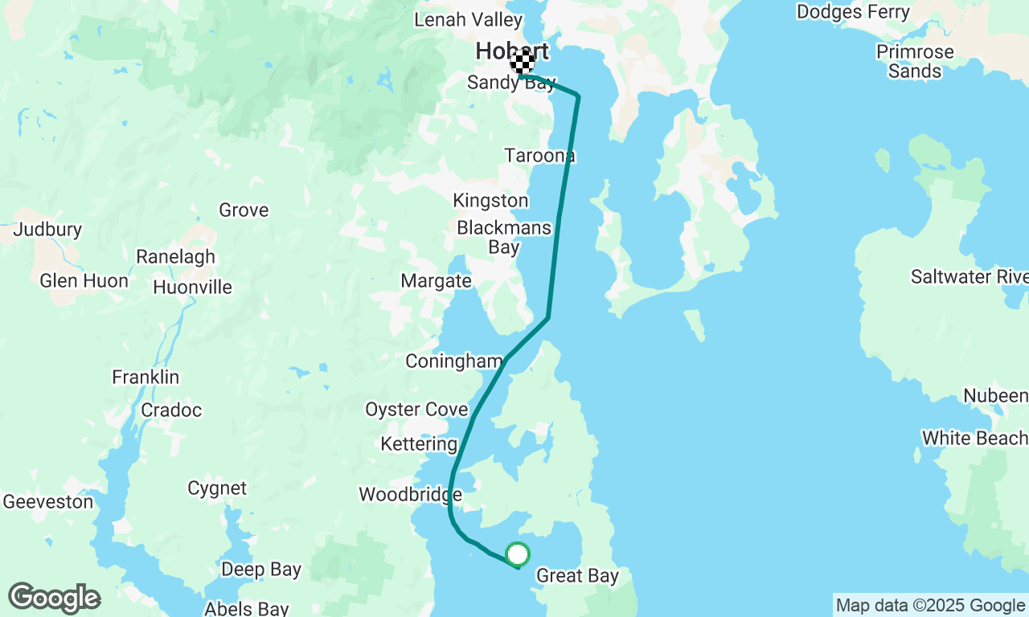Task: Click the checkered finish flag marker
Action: (x=523, y=63)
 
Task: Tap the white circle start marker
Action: (x=518, y=554)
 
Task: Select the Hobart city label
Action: (x=512, y=51)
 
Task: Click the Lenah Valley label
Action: (x=468, y=19)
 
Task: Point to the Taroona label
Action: (x=539, y=155)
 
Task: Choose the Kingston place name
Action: (x=490, y=200)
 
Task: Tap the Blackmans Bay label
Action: (x=504, y=237)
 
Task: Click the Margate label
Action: (x=437, y=281)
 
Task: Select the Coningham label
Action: (x=453, y=362)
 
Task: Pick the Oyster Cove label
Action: (x=416, y=410)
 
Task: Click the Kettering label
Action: (x=419, y=444)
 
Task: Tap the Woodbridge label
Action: (x=410, y=494)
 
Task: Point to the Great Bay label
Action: (x=577, y=576)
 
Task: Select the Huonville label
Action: (x=192, y=288)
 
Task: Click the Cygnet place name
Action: (x=217, y=488)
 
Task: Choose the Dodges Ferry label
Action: (x=853, y=12)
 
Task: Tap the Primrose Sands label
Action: (x=915, y=62)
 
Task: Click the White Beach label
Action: (x=974, y=439)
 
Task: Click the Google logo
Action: (x=54, y=599)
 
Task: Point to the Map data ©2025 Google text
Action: (x=930, y=606)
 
